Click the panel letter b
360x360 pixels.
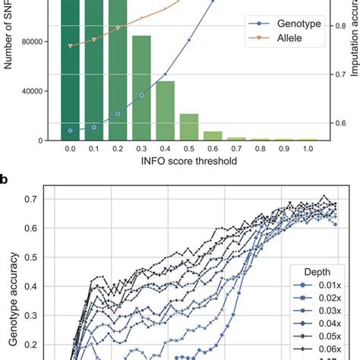coord(5,180)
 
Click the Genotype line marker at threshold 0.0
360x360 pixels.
coord(70,131)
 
